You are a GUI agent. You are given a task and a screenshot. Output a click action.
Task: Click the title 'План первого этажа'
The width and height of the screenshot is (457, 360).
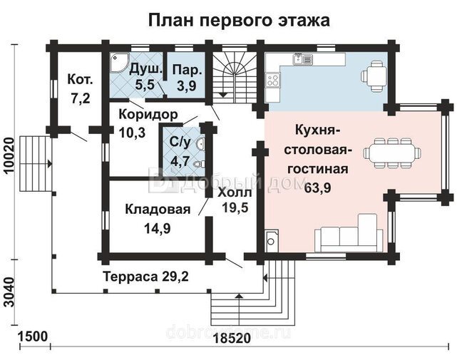[x=239, y=21]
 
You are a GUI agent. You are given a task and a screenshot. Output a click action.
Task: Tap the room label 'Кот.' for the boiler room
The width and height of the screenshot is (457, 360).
[x=80, y=79]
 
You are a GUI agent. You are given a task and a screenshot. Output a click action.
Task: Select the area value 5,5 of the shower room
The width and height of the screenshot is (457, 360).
[x=145, y=85]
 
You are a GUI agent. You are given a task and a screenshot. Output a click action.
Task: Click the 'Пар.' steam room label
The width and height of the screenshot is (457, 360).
[x=187, y=71]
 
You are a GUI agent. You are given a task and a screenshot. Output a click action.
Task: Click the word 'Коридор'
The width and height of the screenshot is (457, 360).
[x=148, y=114]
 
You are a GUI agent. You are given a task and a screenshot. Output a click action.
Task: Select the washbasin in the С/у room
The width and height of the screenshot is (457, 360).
[x=200, y=143]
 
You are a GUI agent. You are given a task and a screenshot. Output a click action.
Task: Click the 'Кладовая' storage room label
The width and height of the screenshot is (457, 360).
[x=158, y=210]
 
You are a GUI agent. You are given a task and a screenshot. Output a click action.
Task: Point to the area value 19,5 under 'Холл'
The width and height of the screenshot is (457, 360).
[x=235, y=207]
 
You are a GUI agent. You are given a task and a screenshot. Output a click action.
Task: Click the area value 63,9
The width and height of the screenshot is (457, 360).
[x=317, y=187]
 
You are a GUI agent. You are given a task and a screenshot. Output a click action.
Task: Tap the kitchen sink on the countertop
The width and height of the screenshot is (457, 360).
[x=303, y=59]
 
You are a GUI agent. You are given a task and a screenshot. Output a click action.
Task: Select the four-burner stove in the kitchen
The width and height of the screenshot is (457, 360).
[x=273, y=80]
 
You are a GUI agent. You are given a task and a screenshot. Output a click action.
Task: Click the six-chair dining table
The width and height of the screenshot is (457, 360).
[x=392, y=153]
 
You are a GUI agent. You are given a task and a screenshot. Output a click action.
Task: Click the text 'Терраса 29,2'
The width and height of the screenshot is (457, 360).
[x=146, y=277]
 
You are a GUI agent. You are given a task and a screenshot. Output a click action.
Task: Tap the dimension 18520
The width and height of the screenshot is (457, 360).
[x=232, y=339]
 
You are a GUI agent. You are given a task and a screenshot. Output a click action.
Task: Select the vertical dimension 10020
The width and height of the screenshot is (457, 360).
[x=9, y=156]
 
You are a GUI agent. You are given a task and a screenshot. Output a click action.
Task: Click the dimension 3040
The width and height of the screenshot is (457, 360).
[x=9, y=292]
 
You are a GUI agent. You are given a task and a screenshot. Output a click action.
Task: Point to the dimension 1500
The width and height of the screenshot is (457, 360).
[x=32, y=336]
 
